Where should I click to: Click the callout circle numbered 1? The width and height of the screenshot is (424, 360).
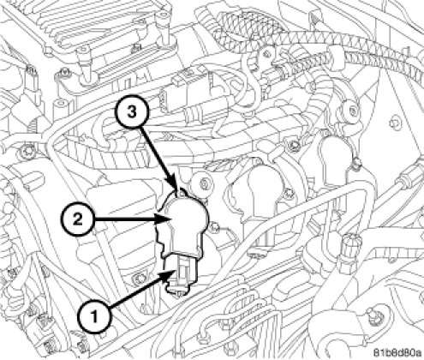[94, 317]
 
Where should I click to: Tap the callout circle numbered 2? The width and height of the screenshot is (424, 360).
[77, 219]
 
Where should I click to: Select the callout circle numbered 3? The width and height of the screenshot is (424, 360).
[132, 112]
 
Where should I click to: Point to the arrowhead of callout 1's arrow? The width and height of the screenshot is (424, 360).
[169, 275]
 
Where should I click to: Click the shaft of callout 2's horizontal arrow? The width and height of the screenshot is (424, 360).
[125, 219]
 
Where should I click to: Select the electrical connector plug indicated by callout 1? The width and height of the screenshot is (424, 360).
[182, 273]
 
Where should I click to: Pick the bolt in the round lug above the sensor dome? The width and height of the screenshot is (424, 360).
[204, 183]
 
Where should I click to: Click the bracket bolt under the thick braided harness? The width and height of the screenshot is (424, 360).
[267, 53]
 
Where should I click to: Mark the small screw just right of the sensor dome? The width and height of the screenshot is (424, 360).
[215, 227]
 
